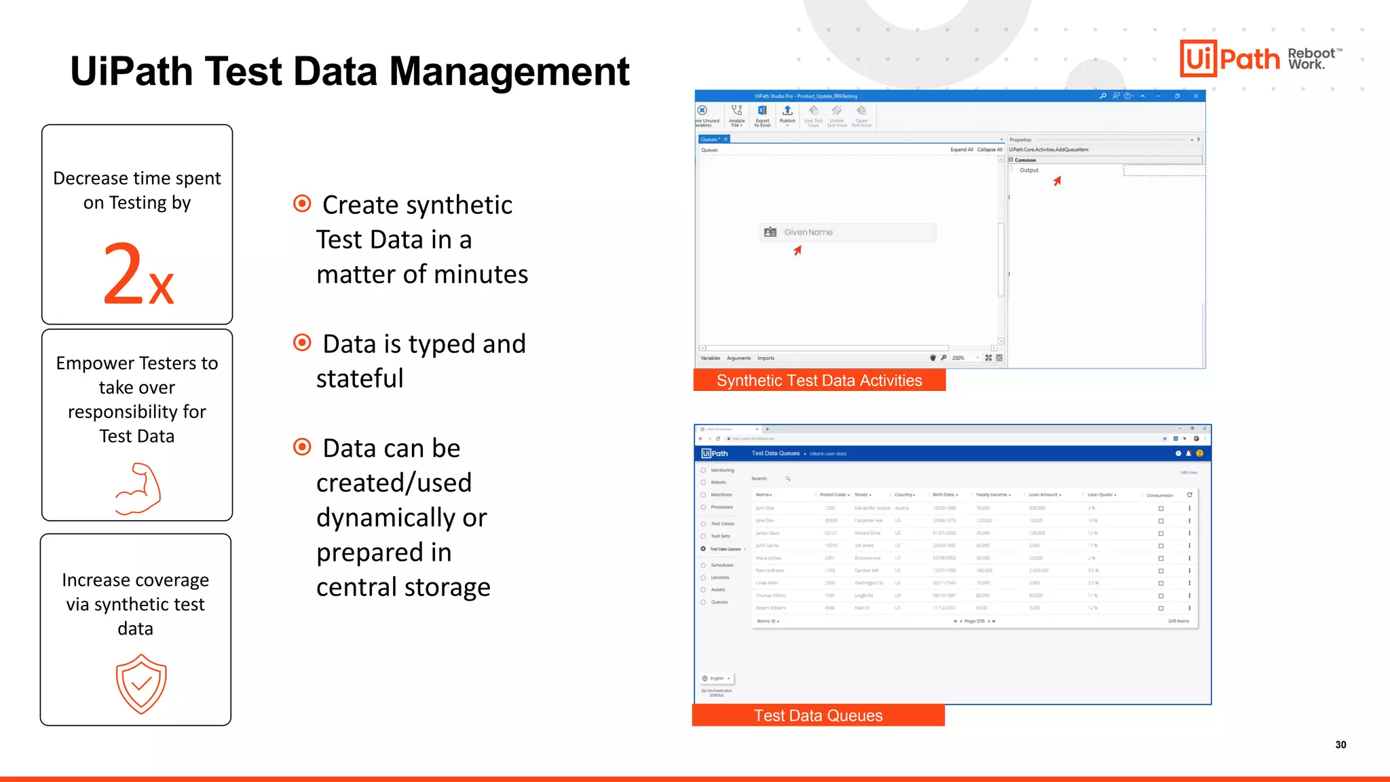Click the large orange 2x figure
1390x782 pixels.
138,274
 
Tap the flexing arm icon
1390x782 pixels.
138,489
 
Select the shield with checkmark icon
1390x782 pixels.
141,684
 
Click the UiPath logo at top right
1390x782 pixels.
1229,58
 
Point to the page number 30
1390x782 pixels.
1340,745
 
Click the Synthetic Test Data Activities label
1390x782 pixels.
819,380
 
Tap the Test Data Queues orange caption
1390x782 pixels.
818,715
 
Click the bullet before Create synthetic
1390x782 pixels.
302,204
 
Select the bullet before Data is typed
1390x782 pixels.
302,343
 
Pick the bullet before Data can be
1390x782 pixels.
302,447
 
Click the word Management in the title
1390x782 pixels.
509,71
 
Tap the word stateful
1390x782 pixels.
360,379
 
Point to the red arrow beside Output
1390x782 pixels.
1057,181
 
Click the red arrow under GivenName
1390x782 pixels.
797,250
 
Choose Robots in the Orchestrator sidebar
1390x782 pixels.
718,483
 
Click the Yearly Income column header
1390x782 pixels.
992,495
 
